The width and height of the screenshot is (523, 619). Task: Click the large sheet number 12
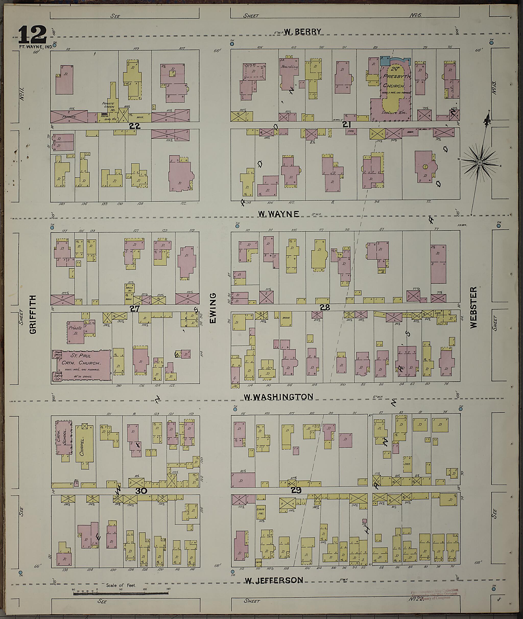pyautogui.click(x=33, y=35)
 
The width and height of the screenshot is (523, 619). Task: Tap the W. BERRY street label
pyautogui.click(x=302, y=32)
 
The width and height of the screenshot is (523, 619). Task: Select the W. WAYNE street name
pyautogui.click(x=278, y=214)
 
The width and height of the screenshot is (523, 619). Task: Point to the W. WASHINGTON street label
pyautogui.click(x=278, y=397)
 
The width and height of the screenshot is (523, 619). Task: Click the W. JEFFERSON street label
pyautogui.click(x=274, y=580)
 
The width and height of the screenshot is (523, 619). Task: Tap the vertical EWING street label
pyautogui.click(x=213, y=308)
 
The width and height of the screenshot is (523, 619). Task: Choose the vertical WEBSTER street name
pyautogui.click(x=473, y=307)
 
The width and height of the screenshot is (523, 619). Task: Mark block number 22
pyautogui.click(x=135, y=126)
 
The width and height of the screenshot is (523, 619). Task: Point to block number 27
pyautogui.click(x=135, y=309)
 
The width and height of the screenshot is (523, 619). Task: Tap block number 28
pyautogui.click(x=325, y=307)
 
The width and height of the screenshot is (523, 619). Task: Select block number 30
pyautogui.click(x=141, y=491)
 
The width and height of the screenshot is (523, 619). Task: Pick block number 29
pyautogui.click(x=296, y=490)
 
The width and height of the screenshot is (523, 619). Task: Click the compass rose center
pyautogui.click(x=479, y=163)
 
